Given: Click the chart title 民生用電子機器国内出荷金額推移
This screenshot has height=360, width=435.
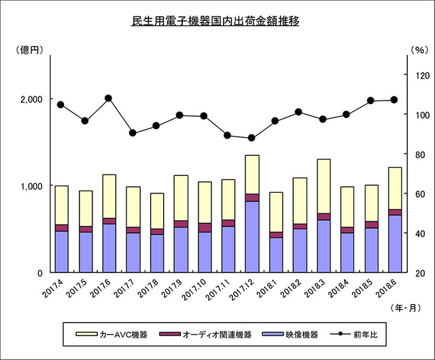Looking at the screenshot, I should (217, 21).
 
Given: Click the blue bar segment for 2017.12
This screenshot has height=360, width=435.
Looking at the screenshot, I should (252, 236).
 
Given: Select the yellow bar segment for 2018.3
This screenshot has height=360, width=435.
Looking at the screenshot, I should (324, 186).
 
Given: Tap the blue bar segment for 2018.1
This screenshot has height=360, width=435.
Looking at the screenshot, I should (276, 255).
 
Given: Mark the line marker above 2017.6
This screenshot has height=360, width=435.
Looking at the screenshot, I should (109, 98).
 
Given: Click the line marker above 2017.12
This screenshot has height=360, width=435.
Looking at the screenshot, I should (252, 138).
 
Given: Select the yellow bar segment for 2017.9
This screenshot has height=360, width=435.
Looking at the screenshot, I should (180, 198).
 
